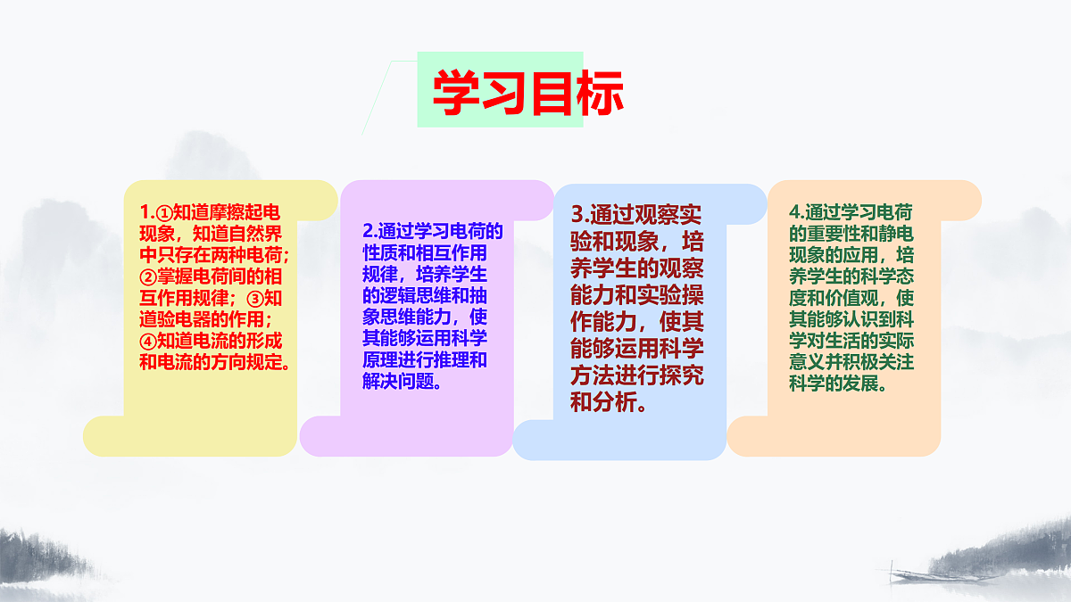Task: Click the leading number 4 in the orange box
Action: pos(795,213)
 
